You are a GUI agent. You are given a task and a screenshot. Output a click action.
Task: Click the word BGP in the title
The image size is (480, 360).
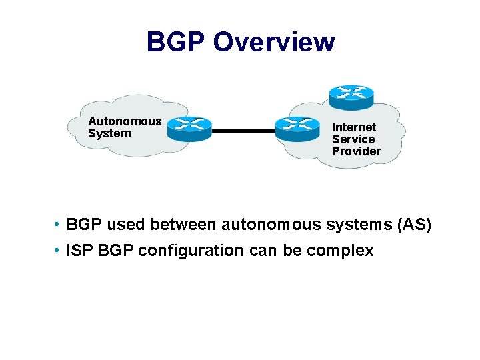(x=175, y=42)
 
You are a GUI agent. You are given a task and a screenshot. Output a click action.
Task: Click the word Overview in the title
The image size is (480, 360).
(x=273, y=42)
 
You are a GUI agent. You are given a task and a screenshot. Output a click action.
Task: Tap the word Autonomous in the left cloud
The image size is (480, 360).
(x=125, y=121)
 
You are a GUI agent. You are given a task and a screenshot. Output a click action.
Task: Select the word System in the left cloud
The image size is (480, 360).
(x=109, y=133)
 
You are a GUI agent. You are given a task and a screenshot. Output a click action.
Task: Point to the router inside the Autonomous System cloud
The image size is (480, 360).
(x=189, y=127)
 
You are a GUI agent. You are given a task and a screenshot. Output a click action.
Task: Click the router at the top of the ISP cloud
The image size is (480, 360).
(x=351, y=96)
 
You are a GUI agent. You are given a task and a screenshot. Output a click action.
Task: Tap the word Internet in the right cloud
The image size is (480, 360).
(x=354, y=127)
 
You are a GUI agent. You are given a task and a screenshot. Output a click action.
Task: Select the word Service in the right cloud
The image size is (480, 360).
(x=353, y=139)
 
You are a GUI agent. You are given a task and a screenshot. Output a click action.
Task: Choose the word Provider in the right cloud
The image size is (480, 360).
(x=356, y=151)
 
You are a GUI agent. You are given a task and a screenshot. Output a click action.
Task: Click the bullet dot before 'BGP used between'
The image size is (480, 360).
(x=59, y=225)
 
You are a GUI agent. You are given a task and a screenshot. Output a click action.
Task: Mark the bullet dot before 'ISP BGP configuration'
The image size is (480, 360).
(x=59, y=251)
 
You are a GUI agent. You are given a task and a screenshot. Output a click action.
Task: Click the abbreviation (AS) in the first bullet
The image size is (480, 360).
(x=414, y=225)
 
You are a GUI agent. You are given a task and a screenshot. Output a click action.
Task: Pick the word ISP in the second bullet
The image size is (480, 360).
(x=80, y=251)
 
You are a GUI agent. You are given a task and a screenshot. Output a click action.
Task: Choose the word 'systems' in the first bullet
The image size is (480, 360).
(x=359, y=225)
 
